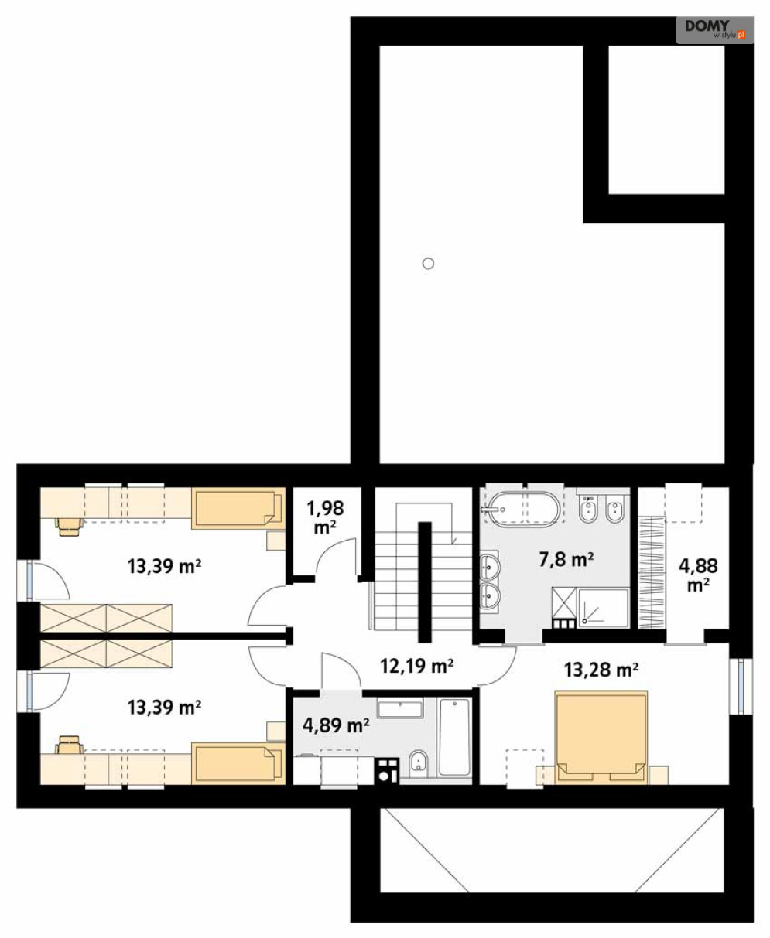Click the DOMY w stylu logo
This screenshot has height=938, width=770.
[x=714, y=30]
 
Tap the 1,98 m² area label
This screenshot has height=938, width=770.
[x=325, y=517]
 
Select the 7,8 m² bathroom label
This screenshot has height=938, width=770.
[x=566, y=560]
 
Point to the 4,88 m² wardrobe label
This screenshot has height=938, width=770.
[x=698, y=575]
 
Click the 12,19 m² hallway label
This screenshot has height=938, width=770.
[x=416, y=666]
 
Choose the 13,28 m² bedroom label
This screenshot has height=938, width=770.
[x=601, y=670]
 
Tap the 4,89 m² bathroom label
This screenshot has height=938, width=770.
[x=336, y=725]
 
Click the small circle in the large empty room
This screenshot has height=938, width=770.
[x=428, y=264]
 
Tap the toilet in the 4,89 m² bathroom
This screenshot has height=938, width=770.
[x=418, y=762]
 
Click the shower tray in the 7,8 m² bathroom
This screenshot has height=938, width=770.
[x=603, y=609]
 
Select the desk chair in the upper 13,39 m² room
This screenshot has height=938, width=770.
[x=69, y=526]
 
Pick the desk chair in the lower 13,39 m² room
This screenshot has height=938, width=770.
[x=69, y=745]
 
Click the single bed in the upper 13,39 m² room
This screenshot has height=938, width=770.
[x=238, y=508]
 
